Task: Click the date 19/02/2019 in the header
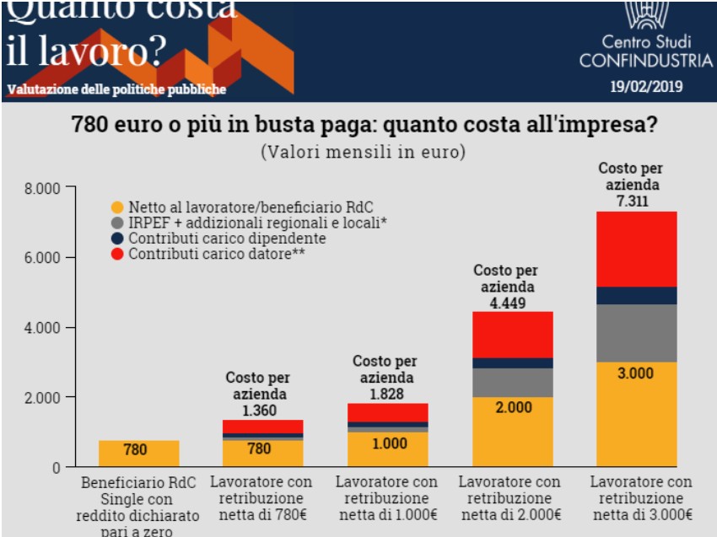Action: tap(646, 86)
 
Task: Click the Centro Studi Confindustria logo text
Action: tap(646, 51)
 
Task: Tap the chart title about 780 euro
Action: tap(364, 126)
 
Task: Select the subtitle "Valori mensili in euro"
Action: tap(363, 153)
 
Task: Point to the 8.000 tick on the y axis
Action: tap(43, 188)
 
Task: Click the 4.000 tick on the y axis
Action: tap(43, 327)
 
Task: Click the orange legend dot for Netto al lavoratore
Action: tap(117, 207)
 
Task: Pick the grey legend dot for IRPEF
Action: tap(117, 223)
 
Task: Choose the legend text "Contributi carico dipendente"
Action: tap(227, 239)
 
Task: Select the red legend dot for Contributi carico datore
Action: tap(117, 254)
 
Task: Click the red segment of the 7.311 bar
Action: tap(637, 250)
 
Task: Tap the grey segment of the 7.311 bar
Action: tap(637, 333)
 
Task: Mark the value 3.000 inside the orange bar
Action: tap(637, 373)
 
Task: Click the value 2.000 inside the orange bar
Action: tap(513, 406)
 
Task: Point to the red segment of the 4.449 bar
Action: tap(513, 335)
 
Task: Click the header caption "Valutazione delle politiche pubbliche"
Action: tap(116, 90)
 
